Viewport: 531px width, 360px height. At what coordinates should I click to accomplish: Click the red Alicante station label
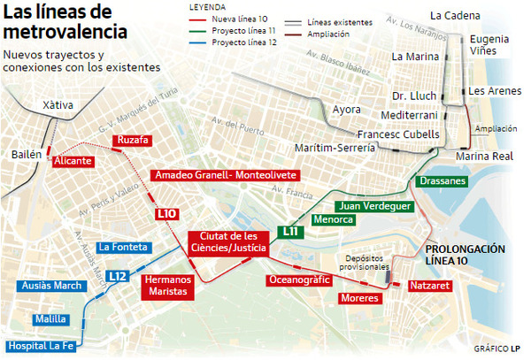[73, 162]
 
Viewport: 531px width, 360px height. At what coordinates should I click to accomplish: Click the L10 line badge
[166, 213]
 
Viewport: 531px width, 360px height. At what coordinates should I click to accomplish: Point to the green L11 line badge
[290, 232]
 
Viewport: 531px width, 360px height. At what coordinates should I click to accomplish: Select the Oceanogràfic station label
[299, 280]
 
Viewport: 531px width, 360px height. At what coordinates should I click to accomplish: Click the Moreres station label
[359, 299]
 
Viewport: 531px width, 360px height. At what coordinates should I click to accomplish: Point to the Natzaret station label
[428, 287]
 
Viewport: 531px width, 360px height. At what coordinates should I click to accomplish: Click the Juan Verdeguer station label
[375, 206]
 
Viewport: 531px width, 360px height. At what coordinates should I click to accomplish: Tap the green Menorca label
[334, 219]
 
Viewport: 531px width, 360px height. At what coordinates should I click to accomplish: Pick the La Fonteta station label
[123, 247]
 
